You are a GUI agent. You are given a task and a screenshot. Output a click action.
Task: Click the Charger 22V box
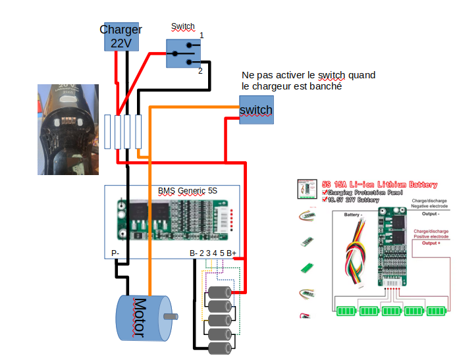[x=121, y=36]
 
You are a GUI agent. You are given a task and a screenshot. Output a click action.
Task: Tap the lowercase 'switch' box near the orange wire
[x=256, y=109]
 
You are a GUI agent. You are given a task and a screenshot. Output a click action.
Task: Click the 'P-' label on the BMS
[x=115, y=253]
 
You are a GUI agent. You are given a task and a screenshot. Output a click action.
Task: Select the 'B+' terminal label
[x=232, y=253]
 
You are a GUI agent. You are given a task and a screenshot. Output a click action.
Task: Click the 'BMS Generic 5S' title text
[x=187, y=191]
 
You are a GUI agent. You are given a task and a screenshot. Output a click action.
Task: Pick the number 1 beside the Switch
[x=202, y=35]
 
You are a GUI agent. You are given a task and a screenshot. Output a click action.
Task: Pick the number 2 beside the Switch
[x=200, y=70]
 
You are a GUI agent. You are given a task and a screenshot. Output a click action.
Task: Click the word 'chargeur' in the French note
[x=273, y=86]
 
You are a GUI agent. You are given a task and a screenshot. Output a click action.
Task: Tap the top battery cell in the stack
[x=220, y=292]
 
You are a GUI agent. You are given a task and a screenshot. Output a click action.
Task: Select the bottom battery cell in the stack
[x=220, y=347]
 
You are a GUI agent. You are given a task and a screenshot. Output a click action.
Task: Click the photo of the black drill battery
[x=67, y=129]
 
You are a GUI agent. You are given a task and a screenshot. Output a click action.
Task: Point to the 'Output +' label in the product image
[x=431, y=244]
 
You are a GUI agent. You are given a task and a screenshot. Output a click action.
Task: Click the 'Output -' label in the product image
[x=431, y=214]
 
